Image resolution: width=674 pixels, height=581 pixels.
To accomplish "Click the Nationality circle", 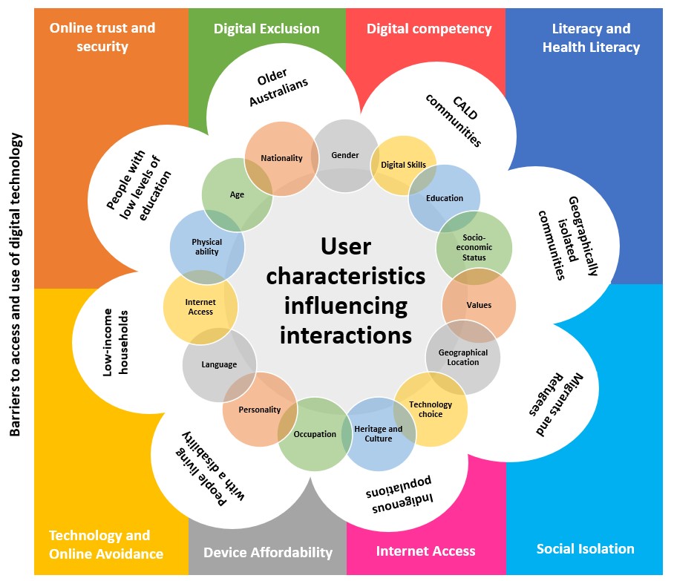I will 281,158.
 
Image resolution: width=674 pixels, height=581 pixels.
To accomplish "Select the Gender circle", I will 345,155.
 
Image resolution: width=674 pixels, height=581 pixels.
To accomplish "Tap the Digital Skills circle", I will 403,165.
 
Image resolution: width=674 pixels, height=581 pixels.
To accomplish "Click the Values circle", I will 479,305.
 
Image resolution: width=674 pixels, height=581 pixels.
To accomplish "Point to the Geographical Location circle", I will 463,358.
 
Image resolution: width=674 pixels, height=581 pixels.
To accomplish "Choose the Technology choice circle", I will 431,410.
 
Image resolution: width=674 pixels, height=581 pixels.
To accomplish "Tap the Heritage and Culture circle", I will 379,433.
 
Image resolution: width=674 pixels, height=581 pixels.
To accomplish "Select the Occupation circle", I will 315,434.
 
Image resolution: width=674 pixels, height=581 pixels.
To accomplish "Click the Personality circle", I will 260,410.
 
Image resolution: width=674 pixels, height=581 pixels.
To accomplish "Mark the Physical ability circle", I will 207,246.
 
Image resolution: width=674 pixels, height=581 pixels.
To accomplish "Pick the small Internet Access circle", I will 200,307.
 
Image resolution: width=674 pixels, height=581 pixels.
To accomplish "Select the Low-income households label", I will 115,341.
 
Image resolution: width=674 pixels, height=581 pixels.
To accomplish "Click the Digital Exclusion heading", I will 266,29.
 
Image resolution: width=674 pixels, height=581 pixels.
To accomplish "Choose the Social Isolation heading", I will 585,549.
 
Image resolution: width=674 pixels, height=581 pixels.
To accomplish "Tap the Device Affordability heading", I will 267,552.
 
